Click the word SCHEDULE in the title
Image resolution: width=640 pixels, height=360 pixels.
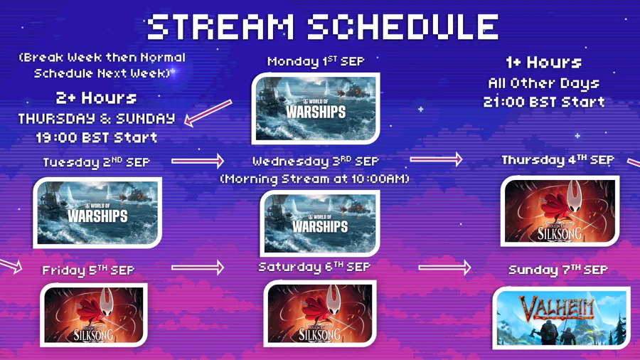pyautogui.click(x=403, y=27)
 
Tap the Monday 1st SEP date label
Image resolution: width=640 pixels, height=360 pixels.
pyautogui.click(x=316, y=62)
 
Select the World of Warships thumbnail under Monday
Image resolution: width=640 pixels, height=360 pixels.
pyautogui.click(x=316, y=109)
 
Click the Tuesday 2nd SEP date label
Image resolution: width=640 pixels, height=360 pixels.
pyautogui.click(x=97, y=162)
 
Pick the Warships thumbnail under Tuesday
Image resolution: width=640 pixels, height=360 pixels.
pyautogui.click(x=97, y=213)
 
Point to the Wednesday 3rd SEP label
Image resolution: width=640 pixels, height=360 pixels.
pyautogui.click(x=316, y=162)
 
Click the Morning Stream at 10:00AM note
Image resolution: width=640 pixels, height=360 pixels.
pyautogui.click(x=315, y=179)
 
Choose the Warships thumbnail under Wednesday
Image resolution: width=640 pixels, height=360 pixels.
pyautogui.click(x=320, y=223)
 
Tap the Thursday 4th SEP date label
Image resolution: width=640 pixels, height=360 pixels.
pyautogui.click(x=558, y=160)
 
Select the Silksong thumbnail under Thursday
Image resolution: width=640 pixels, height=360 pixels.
pyautogui.click(x=560, y=211)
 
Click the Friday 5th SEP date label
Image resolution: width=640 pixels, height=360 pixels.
pyautogui.click(x=88, y=270)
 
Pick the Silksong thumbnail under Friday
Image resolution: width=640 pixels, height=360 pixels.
pyautogui.click(x=94, y=315)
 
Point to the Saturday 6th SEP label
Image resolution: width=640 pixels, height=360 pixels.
pyautogui.click(x=314, y=267)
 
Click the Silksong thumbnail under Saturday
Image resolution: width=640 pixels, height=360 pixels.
pyautogui.click(x=320, y=314)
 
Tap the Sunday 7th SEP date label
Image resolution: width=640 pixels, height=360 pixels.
pyautogui.click(x=558, y=270)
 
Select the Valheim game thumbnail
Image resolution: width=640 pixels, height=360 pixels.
pyautogui.click(x=561, y=318)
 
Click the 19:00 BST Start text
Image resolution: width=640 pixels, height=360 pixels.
pyautogui.click(x=97, y=137)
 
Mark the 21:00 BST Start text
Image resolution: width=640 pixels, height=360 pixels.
pyautogui.click(x=544, y=102)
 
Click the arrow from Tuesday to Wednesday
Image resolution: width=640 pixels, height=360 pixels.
pyautogui.click(x=198, y=161)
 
